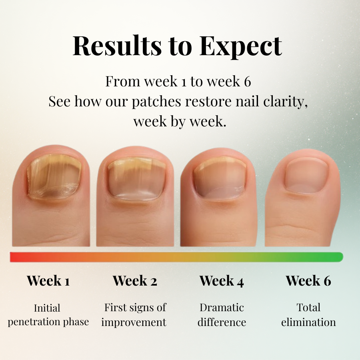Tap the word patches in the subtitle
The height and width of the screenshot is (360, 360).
(156, 102)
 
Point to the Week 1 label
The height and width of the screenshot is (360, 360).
(48, 281)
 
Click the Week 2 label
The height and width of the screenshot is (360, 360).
(135, 281)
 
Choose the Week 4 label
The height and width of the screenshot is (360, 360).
(222, 281)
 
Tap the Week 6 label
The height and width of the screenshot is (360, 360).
(308, 281)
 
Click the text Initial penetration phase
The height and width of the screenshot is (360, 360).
(48, 315)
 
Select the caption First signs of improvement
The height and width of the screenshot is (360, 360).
(135, 315)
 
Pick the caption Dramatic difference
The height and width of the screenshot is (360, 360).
(222, 315)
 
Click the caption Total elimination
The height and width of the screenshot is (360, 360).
(308, 315)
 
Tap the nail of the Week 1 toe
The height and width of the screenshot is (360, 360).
(54, 176)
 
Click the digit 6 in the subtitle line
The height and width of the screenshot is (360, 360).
(247, 82)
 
